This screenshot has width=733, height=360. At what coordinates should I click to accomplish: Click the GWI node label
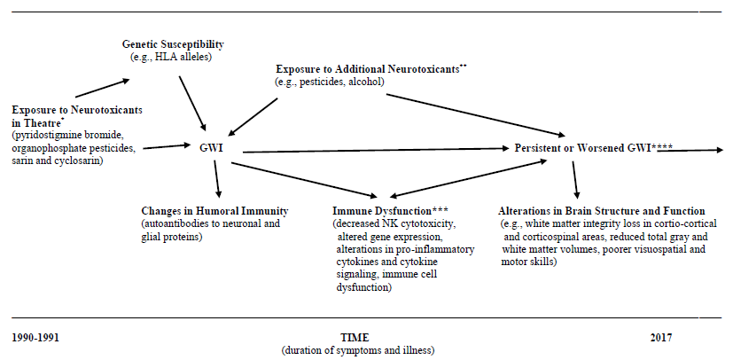(x=211, y=148)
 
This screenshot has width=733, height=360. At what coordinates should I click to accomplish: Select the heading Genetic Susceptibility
(x=173, y=44)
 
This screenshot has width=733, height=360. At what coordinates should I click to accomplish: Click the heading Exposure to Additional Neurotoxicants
(x=368, y=69)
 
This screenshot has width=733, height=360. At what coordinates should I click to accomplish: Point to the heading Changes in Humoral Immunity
(x=215, y=211)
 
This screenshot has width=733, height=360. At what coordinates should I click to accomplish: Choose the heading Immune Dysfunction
(x=381, y=211)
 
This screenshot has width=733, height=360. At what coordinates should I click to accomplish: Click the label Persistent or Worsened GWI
(x=582, y=148)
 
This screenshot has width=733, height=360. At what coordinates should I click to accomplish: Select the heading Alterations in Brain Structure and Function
(x=602, y=211)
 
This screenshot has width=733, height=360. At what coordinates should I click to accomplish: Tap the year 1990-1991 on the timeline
(x=35, y=338)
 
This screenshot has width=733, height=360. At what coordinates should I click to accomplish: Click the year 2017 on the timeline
(x=661, y=338)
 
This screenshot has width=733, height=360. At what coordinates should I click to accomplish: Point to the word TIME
(x=355, y=338)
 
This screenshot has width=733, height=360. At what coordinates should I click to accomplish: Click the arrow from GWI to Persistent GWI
(x=376, y=150)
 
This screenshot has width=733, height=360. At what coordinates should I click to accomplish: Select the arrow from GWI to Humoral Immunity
(x=216, y=179)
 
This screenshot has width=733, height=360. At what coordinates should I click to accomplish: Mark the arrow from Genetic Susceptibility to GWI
(x=192, y=103)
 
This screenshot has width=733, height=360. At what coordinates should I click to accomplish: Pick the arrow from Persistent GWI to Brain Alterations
(x=574, y=180)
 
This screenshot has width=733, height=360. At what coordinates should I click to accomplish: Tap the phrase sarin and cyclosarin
(x=58, y=161)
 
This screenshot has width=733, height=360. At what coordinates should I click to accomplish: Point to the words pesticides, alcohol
(x=341, y=82)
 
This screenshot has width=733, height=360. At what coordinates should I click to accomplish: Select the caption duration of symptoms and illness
(x=358, y=350)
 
